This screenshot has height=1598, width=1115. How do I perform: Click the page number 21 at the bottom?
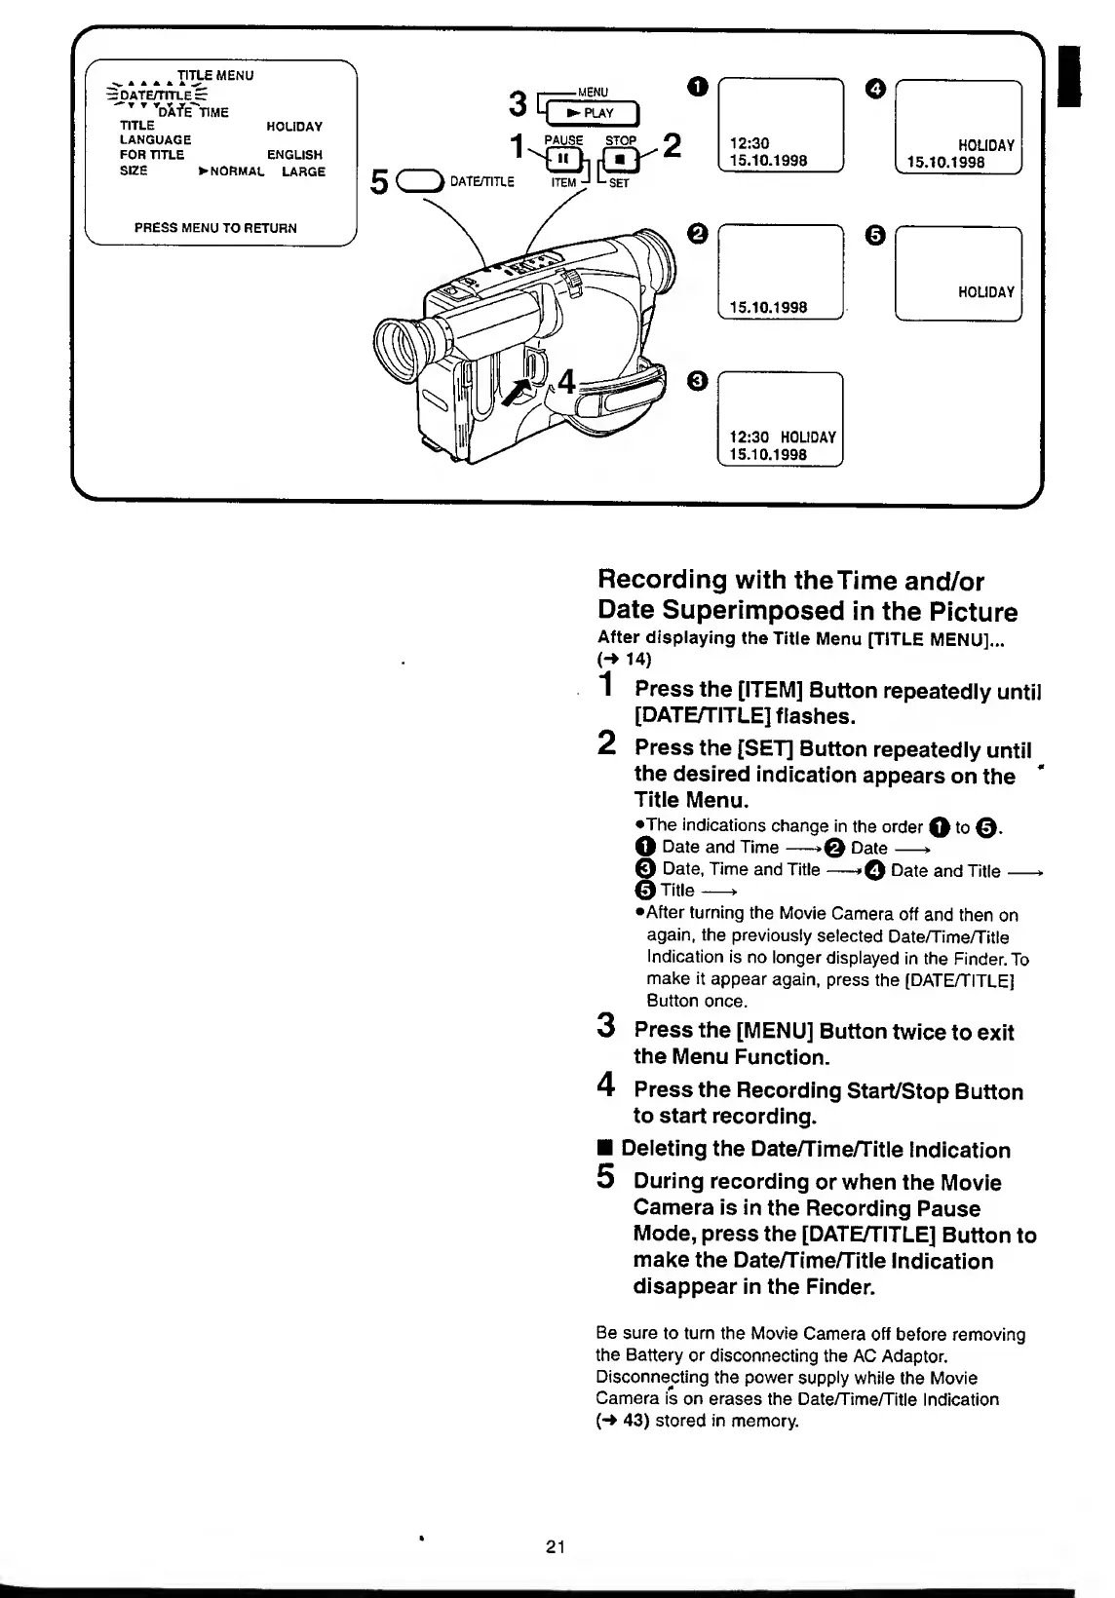coord(557,1546)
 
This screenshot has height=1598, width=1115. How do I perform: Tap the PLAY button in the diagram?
coord(594,114)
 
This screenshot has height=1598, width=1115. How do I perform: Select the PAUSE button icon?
coord(563,159)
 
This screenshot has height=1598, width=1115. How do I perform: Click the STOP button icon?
coord(620,159)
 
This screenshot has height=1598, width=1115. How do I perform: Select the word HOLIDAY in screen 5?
coord(986,291)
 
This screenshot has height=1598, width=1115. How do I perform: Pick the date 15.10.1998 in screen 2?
coord(769,307)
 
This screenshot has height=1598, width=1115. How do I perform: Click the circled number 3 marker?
coord(697,381)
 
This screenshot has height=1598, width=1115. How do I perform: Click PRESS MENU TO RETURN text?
coord(215,228)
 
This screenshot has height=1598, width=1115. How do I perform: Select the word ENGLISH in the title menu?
coord(294,155)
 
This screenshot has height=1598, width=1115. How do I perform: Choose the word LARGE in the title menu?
coord(304,171)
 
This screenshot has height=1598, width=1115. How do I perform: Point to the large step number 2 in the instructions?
coord(606,744)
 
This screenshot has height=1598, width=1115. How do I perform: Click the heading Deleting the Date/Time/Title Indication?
coord(815,1150)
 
